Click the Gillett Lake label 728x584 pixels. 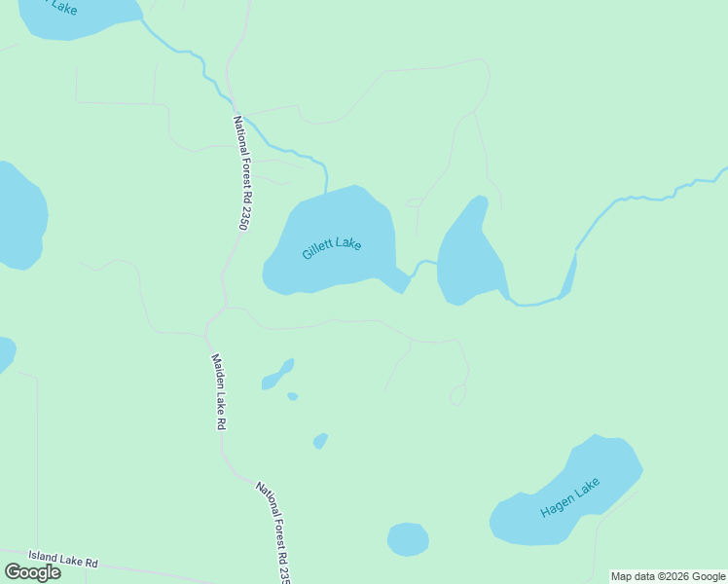pos(332,247)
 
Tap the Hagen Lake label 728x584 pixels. pos(570,497)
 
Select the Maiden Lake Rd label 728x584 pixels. pos(219,391)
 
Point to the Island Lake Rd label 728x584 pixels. pos(63,560)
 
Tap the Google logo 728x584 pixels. pos(33,572)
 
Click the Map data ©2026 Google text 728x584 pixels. pos(668,576)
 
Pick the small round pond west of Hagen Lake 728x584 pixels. pos(408,539)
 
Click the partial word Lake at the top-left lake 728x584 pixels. pos(64,9)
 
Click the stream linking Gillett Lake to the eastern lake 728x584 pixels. pos(421,265)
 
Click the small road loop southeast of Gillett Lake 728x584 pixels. pos(457,395)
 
